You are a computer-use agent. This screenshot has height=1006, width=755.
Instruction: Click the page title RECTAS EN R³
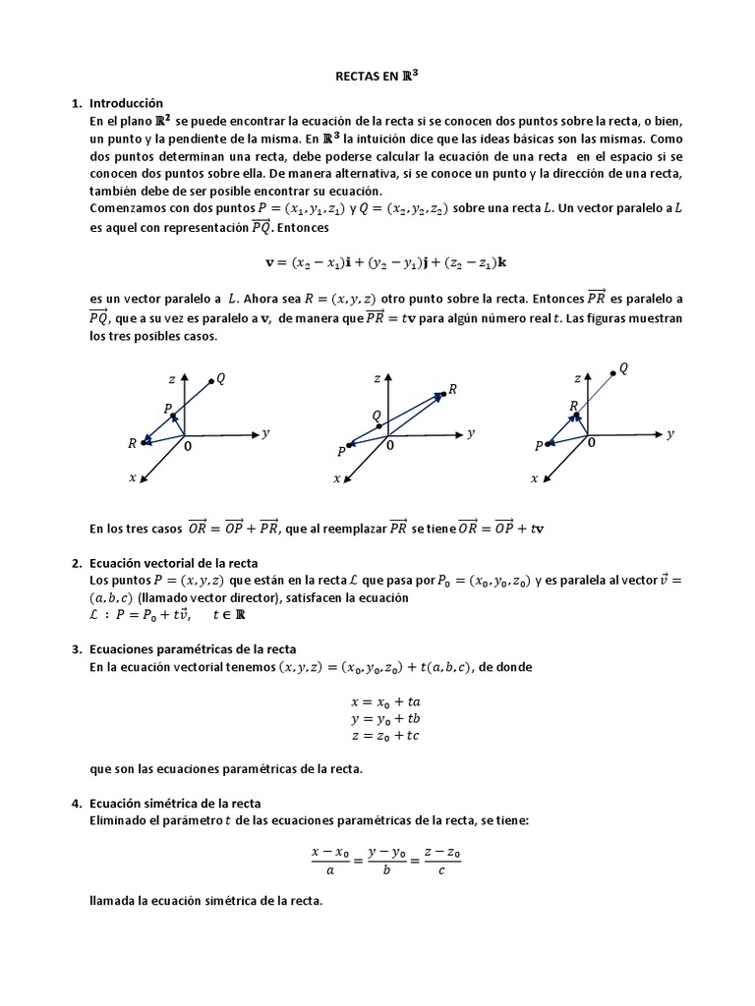[x=377, y=74]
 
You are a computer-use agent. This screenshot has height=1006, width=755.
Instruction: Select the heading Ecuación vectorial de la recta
[x=173, y=563]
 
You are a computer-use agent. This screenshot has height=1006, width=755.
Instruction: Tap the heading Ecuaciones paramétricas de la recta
[x=192, y=649]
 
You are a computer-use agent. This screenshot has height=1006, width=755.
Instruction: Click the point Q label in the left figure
[x=221, y=379]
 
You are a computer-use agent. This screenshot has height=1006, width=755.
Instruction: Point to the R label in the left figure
[x=132, y=444]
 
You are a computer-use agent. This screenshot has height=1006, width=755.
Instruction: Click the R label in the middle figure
[x=452, y=390]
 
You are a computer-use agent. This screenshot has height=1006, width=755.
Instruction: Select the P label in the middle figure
[x=341, y=451]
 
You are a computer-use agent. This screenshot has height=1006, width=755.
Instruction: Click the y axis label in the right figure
[x=670, y=433]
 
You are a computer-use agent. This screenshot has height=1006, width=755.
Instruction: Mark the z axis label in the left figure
[x=171, y=378]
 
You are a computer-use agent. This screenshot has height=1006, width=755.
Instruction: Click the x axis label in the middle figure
[x=336, y=478]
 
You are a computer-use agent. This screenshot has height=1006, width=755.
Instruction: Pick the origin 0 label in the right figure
[x=591, y=443]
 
